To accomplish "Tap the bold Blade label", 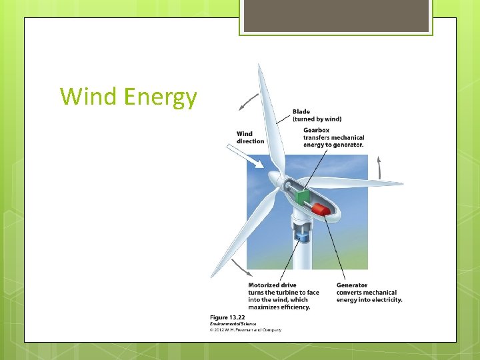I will (301, 111).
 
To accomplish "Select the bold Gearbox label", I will (316, 130).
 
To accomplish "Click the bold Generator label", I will (352, 285).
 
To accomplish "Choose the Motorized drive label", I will (272, 285).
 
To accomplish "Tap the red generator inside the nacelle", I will (321, 209).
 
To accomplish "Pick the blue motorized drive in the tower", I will (302, 237).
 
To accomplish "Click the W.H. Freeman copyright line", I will (246, 329).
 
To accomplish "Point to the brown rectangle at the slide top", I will (336, 15).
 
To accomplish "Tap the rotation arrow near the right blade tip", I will (380, 167).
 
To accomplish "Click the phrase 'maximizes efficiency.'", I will (279, 307).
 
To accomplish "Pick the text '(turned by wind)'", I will (317, 119).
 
